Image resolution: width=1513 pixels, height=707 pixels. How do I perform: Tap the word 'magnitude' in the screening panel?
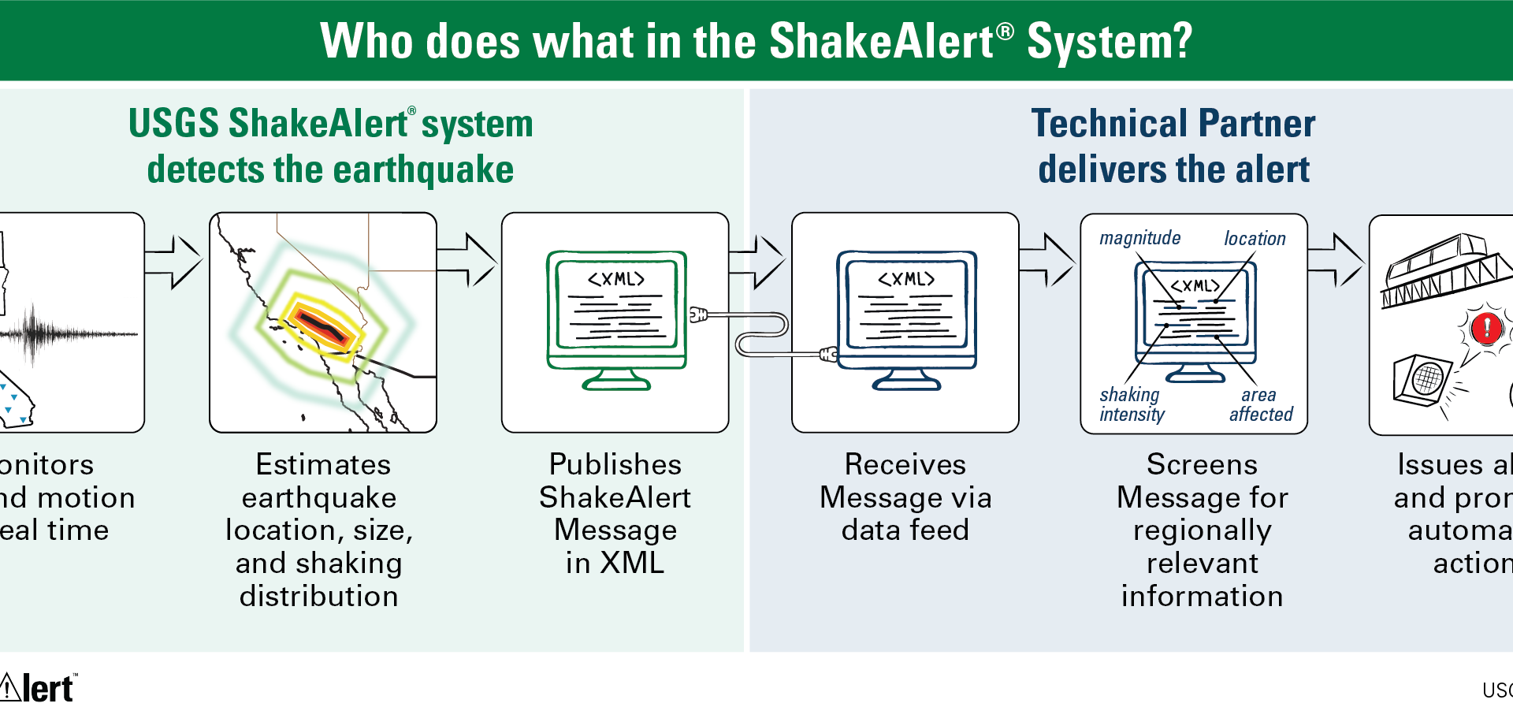(1139, 238)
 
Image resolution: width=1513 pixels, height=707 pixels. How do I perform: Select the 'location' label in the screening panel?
(1255, 238)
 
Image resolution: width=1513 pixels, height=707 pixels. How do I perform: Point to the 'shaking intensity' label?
(1132, 404)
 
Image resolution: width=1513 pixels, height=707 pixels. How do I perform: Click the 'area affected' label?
(1261, 404)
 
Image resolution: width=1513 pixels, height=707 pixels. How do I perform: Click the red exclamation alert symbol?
(1487, 328)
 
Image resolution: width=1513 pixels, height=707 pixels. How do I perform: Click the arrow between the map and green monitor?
(468, 260)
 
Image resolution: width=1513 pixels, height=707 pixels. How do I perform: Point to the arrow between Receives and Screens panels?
(1048, 260)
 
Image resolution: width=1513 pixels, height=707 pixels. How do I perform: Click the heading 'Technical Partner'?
(1173, 124)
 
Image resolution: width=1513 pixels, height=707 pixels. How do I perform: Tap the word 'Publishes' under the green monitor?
(615, 464)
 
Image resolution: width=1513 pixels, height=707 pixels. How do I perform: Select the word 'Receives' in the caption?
(905, 464)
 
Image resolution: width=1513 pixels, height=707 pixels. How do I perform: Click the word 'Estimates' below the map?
(323, 464)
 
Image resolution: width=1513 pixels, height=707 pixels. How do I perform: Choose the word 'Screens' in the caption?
(1202, 464)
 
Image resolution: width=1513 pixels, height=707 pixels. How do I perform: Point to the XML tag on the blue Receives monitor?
(906, 279)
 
